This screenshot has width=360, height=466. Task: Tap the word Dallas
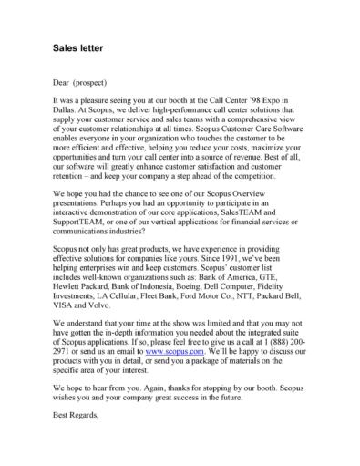coord(67,109)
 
